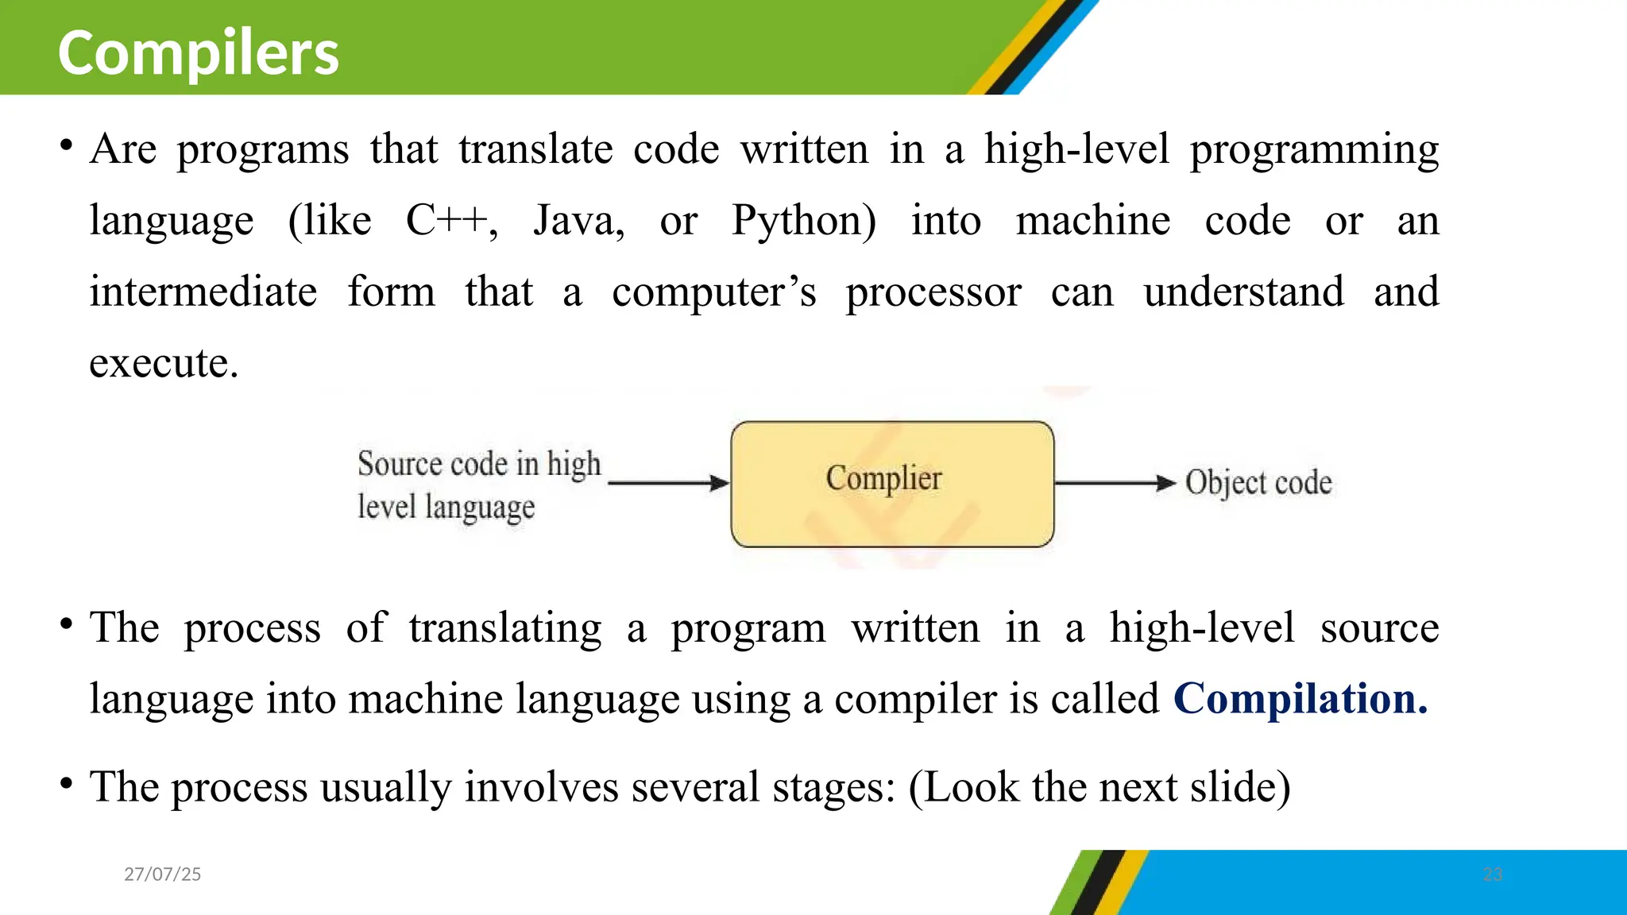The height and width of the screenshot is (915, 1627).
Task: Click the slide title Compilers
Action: tap(199, 52)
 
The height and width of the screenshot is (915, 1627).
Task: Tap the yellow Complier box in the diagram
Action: tap(892, 484)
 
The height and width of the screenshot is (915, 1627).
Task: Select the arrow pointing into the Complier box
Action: tap(667, 483)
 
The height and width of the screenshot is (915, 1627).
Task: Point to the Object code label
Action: tap(1258, 483)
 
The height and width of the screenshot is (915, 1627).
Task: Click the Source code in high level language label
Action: tap(478, 485)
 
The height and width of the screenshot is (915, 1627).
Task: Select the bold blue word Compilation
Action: tap(1300, 699)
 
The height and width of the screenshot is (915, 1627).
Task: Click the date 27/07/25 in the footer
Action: tap(163, 874)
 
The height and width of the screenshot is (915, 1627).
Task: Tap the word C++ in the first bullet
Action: tap(450, 220)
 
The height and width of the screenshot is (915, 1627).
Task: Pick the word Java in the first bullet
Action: tap(578, 220)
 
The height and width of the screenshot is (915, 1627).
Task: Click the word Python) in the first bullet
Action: tap(803, 220)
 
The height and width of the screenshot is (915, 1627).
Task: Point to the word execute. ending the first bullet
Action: tap(164, 363)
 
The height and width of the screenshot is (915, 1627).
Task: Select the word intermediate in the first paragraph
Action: tap(203, 291)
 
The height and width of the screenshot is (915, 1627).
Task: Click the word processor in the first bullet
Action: tap(933, 291)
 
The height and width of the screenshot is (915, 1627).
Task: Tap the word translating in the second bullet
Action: tap(505, 627)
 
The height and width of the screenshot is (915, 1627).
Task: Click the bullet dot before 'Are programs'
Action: tap(67, 145)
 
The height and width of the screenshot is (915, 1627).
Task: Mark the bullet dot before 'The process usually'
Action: tap(67, 783)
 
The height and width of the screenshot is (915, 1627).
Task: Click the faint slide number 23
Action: tap(1493, 874)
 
